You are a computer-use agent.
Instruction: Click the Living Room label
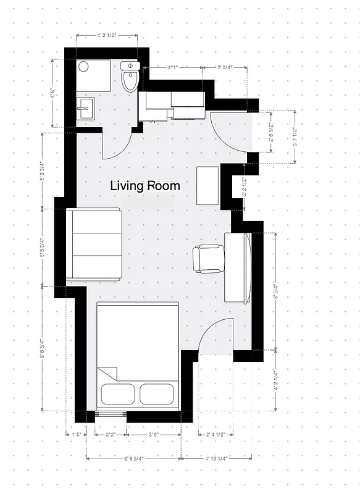click(x=145, y=185)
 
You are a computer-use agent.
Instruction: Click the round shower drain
click(x=84, y=67)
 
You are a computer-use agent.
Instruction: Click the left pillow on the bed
click(x=119, y=393)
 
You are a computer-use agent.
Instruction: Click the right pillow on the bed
click(x=157, y=393)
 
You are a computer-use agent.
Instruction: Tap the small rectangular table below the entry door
click(x=207, y=185)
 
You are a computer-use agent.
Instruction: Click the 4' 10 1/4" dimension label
click(x=216, y=458)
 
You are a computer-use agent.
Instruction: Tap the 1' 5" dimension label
click(x=77, y=435)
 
